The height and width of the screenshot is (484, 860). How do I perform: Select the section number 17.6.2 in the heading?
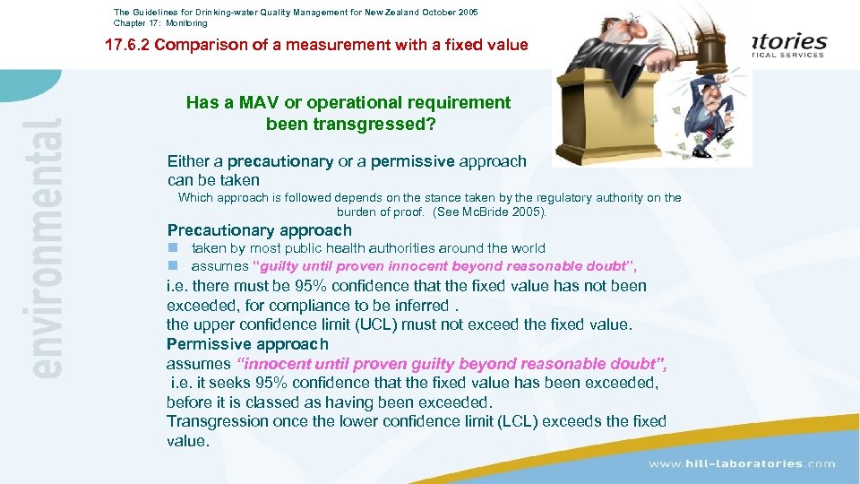(x=127, y=45)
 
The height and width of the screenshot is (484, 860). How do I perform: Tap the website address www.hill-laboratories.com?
(x=742, y=463)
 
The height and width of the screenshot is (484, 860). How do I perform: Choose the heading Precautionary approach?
(x=260, y=230)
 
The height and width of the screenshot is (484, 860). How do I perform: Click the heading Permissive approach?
(x=247, y=344)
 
